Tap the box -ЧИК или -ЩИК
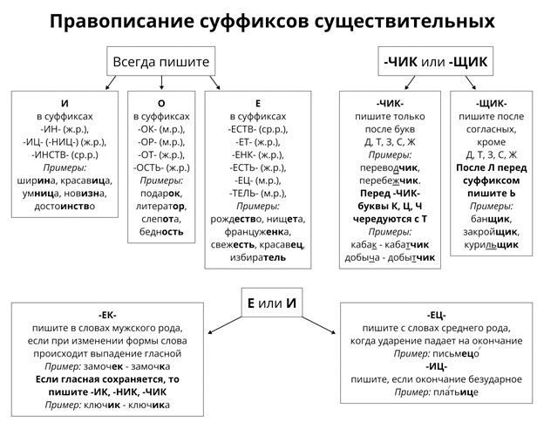pos(436,63)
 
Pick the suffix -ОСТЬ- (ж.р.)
pos(161,167)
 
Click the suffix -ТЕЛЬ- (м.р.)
pos(257,194)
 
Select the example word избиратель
pos(257,259)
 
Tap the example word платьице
pos(460,393)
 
